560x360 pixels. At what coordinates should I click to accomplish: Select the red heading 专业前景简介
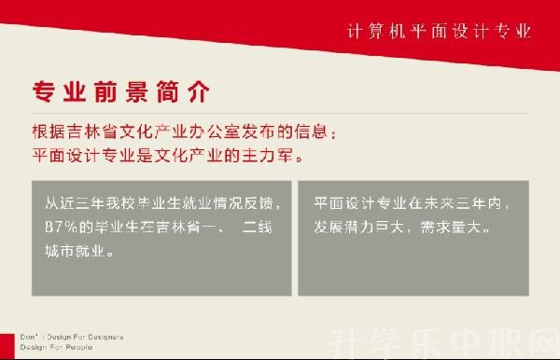[x=121, y=93]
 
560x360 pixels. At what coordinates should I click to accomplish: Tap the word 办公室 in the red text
[x=210, y=132]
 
